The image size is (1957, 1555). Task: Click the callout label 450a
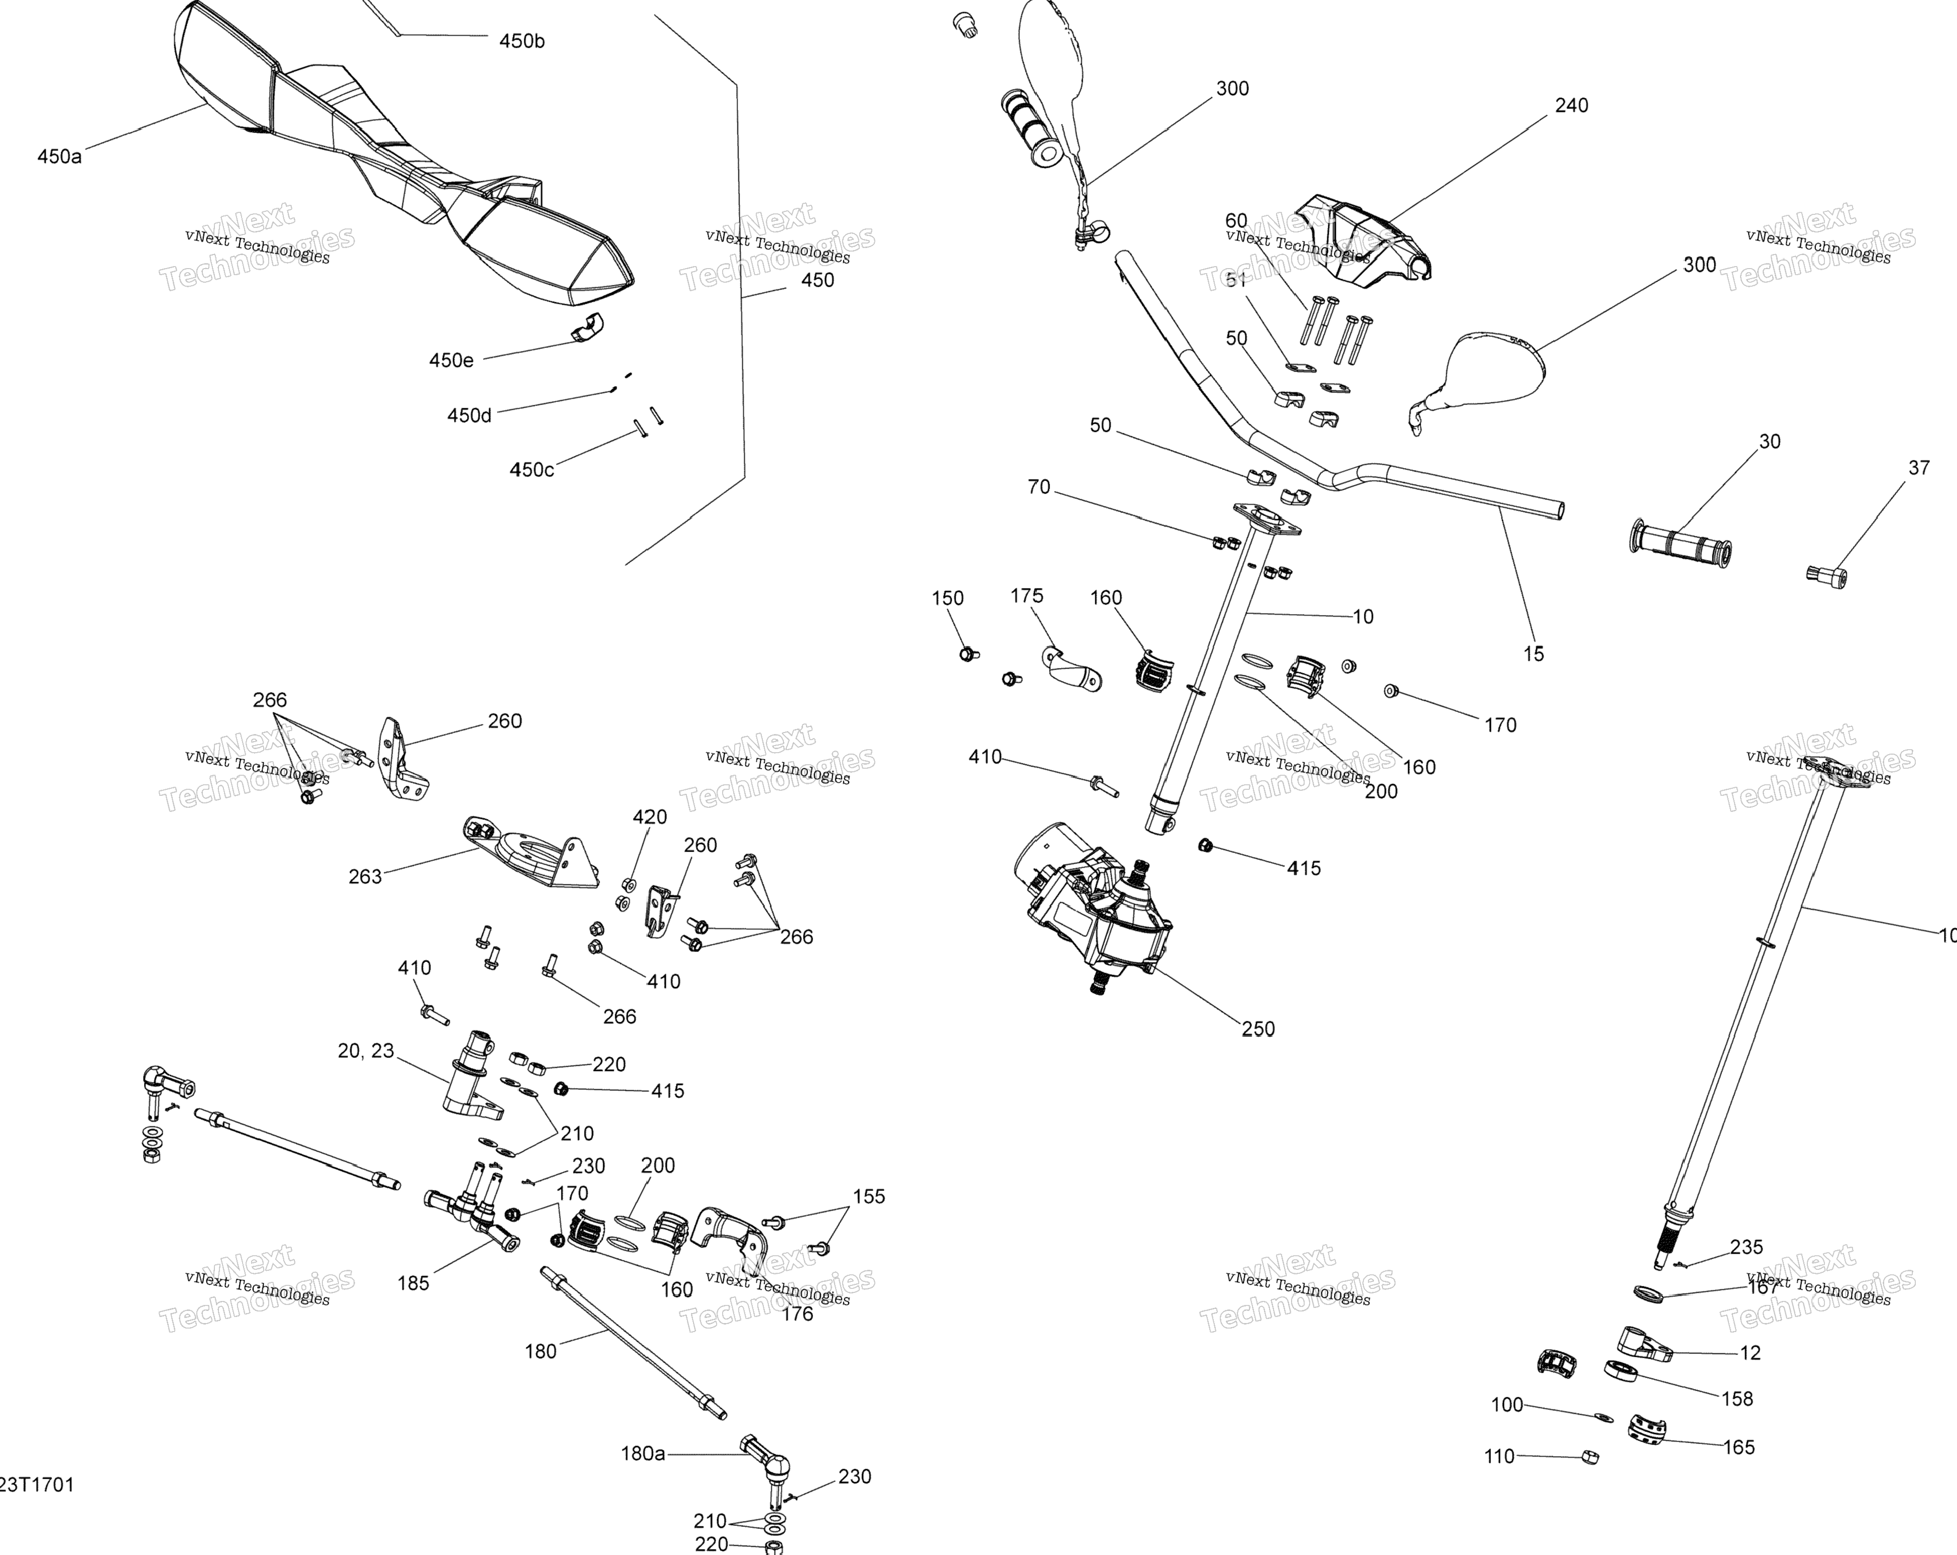point(59,156)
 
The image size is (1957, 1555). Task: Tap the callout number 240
point(1571,105)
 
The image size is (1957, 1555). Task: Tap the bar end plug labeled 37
point(1828,574)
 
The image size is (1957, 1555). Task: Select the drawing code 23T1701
point(36,1485)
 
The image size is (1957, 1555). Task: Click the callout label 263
point(365,876)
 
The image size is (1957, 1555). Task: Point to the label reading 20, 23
point(366,1050)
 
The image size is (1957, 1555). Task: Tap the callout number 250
point(1258,1028)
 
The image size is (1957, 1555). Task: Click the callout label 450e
point(451,361)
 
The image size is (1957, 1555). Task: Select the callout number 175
point(1026,595)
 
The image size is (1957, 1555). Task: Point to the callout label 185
point(413,1283)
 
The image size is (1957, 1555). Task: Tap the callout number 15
point(1533,654)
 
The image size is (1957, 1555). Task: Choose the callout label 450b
point(522,41)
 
